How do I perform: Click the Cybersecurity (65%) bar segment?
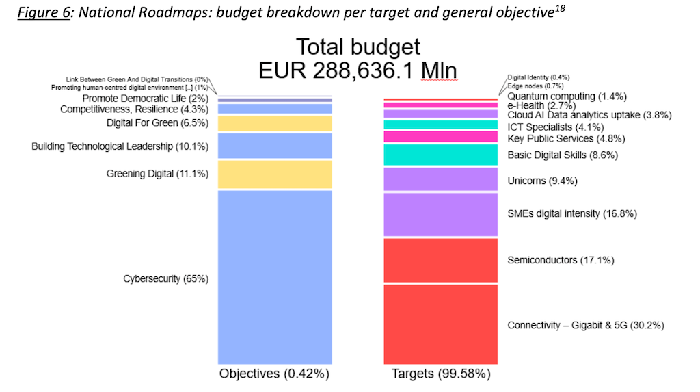point(275,277)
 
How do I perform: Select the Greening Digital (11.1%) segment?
point(275,174)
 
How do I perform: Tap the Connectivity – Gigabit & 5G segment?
point(441,324)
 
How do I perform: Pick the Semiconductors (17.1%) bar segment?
point(441,260)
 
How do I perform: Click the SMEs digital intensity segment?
point(441,214)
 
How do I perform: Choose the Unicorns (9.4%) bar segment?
point(441,179)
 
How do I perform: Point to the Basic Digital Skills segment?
point(441,155)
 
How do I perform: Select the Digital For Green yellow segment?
point(275,123)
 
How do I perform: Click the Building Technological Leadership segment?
point(275,146)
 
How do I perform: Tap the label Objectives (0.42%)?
point(274,374)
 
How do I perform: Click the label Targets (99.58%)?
point(441,374)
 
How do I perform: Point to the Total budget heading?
point(358,47)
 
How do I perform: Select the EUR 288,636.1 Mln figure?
point(358,71)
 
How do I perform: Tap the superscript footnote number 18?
point(561,10)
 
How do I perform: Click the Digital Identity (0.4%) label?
point(538,77)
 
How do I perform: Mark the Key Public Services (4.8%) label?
point(566,139)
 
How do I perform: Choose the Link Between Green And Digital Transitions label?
point(137,79)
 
